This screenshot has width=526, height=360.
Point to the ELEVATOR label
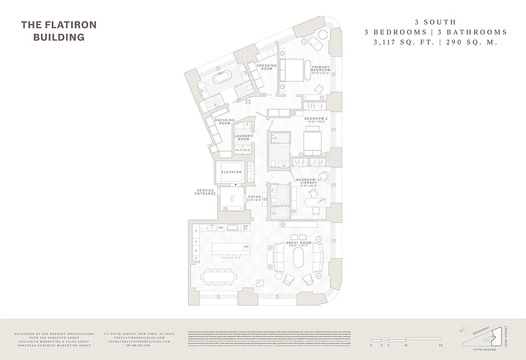tap(231, 172)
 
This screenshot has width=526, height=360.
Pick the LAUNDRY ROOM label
tap(243, 137)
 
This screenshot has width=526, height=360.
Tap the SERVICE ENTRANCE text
tap(205, 192)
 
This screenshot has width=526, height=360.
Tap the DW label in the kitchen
tap(221, 228)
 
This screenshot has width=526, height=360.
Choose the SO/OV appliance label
tap(246, 227)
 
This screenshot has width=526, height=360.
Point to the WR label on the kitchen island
tap(246, 247)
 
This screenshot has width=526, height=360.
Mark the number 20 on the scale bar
tap(441, 346)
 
